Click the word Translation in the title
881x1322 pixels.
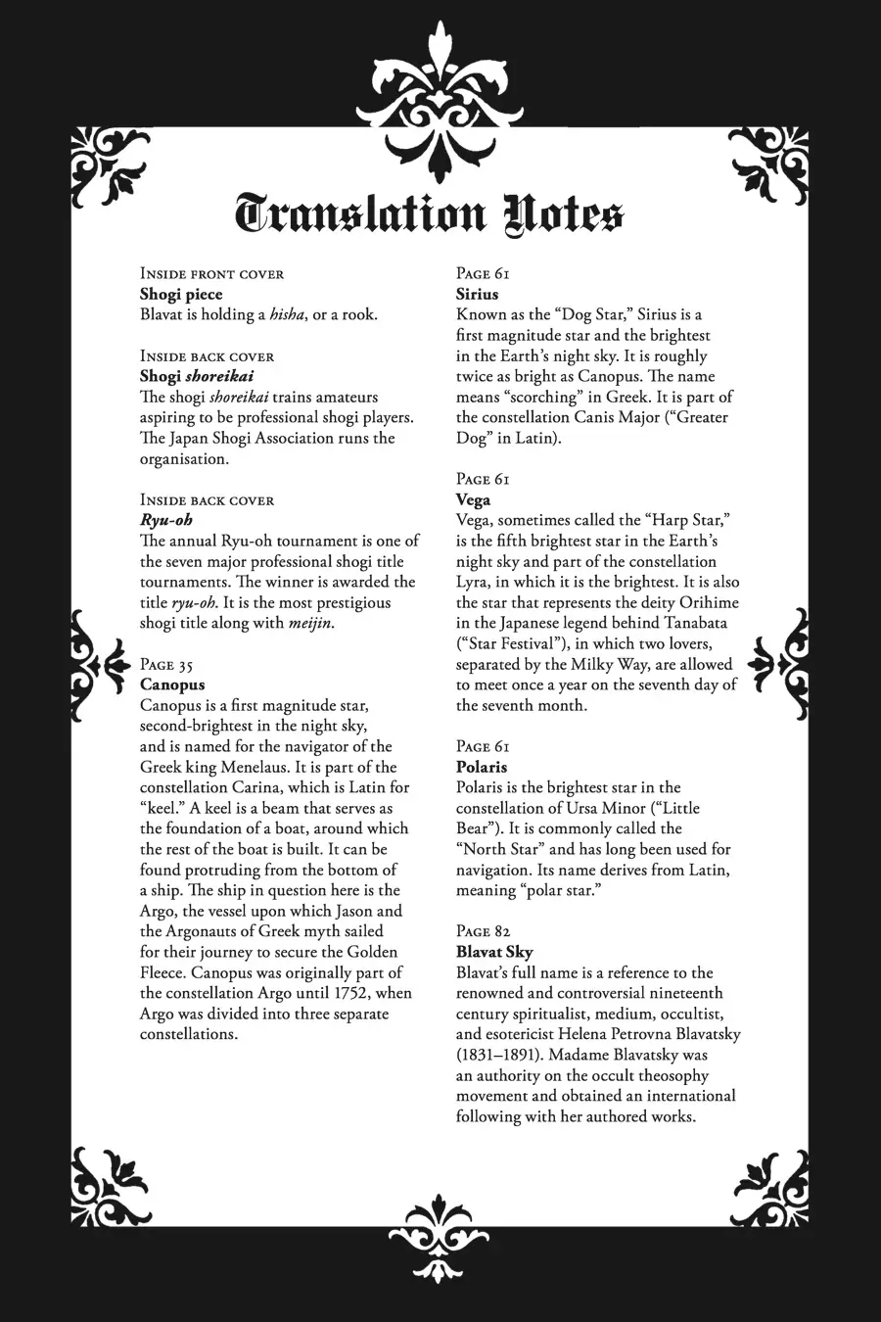pyautogui.click(x=361, y=214)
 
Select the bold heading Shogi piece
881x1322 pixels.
pyautogui.click(x=181, y=294)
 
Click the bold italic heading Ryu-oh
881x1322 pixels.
pyautogui.click(x=166, y=520)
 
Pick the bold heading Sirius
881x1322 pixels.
pyautogui.click(x=477, y=294)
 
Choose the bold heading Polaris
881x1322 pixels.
pyautogui.click(x=482, y=767)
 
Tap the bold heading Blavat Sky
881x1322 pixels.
pyautogui.click(x=494, y=952)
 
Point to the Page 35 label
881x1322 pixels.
pyautogui.click(x=166, y=665)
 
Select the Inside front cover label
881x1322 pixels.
pyautogui.click(x=211, y=273)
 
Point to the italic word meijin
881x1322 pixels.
pyautogui.click(x=310, y=623)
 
